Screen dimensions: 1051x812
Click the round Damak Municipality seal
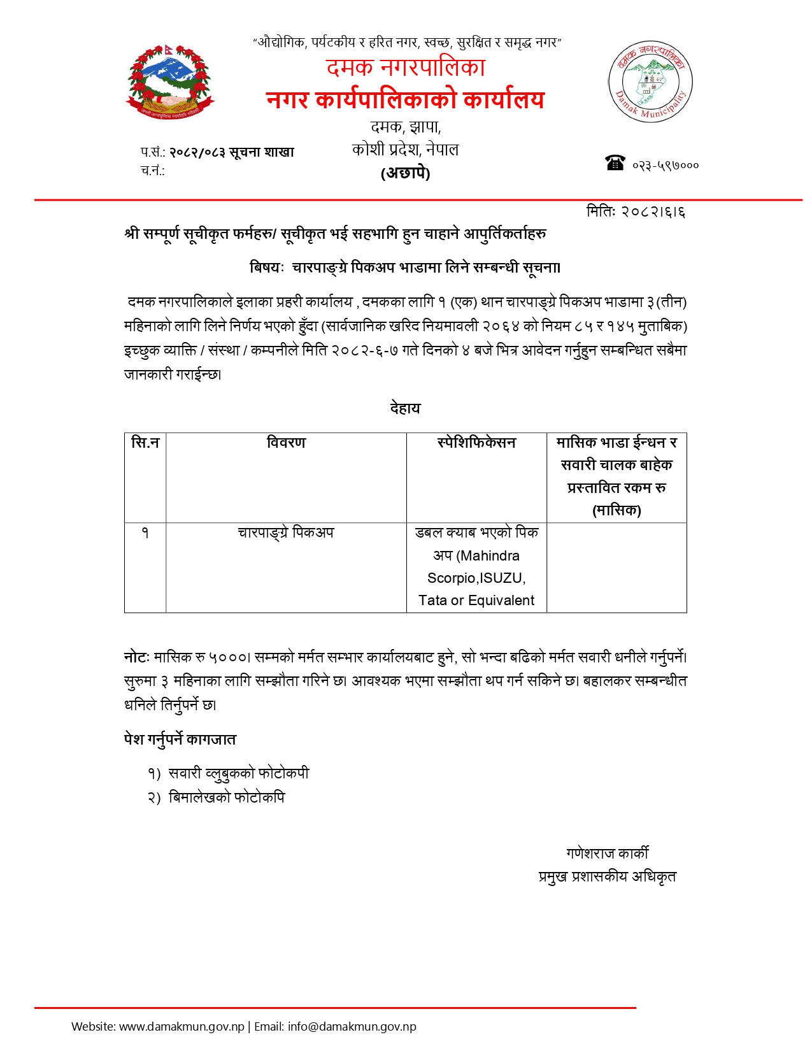point(650,82)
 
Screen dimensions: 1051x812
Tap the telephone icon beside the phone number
point(615,163)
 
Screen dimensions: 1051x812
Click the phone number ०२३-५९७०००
point(666,166)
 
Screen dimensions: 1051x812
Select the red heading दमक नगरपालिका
point(406,68)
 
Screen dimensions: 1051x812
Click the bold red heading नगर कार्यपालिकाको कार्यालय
point(406,99)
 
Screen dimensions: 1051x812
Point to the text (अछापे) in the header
point(406,173)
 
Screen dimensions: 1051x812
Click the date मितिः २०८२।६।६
point(636,211)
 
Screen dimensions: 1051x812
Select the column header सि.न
point(145,443)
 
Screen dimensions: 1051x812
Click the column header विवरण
point(286,443)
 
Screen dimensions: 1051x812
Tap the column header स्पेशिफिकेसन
point(476,443)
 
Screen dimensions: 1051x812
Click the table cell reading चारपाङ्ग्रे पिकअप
point(286,533)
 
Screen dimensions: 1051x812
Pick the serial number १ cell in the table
point(145,533)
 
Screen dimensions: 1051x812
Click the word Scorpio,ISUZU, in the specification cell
point(476,578)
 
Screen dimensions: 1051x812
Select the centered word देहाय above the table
point(406,408)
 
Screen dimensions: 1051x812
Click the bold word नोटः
point(136,657)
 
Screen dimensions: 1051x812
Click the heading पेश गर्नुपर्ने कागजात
point(180,740)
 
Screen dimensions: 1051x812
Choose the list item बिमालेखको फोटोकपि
point(227,797)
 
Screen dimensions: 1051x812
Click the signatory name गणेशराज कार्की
point(608,854)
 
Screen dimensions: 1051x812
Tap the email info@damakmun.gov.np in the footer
point(352,1027)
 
